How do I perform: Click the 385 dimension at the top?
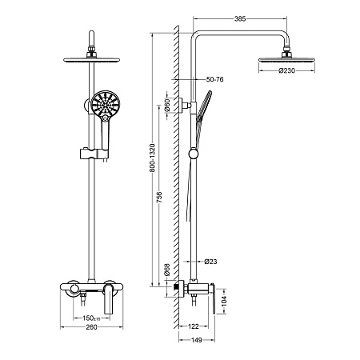coord(240,19)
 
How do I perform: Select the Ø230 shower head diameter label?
coord(286,70)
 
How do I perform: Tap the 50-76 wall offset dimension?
coord(214,79)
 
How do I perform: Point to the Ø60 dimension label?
coord(166,105)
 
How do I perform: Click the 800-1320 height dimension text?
coord(152,158)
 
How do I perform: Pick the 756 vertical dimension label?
coord(159,197)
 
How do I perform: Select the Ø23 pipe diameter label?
coord(210,262)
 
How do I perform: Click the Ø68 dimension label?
coord(166,270)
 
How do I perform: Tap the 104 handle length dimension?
coord(224,301)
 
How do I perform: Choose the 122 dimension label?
coord(194,326)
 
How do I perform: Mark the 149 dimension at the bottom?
coord(197,340)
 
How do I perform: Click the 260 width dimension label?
coord(91,327)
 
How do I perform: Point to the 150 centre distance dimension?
coord(91,318)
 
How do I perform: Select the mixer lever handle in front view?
coord(108,298)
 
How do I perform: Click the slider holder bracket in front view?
coord(94,154)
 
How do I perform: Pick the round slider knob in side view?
coord(194,154)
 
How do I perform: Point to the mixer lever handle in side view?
coord(213,298)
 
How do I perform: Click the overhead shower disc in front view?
coord(91,59)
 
